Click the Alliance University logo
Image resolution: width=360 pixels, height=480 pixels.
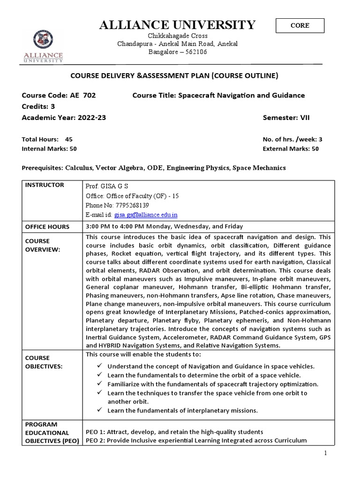pos(43,46)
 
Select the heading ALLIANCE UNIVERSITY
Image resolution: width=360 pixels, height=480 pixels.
pos(177,25)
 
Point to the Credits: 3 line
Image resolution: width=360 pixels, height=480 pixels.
pos(38,106)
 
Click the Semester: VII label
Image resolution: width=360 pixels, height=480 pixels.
pos(286,118)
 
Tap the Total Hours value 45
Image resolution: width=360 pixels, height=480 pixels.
pos(69,139)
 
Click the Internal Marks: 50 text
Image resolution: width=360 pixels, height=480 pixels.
pos(49,149)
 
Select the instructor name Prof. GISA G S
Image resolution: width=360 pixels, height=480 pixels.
pos(107,186)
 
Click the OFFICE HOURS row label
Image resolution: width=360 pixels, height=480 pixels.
pos(48,227)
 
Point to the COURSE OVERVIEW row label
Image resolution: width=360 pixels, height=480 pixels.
pos(43,245)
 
